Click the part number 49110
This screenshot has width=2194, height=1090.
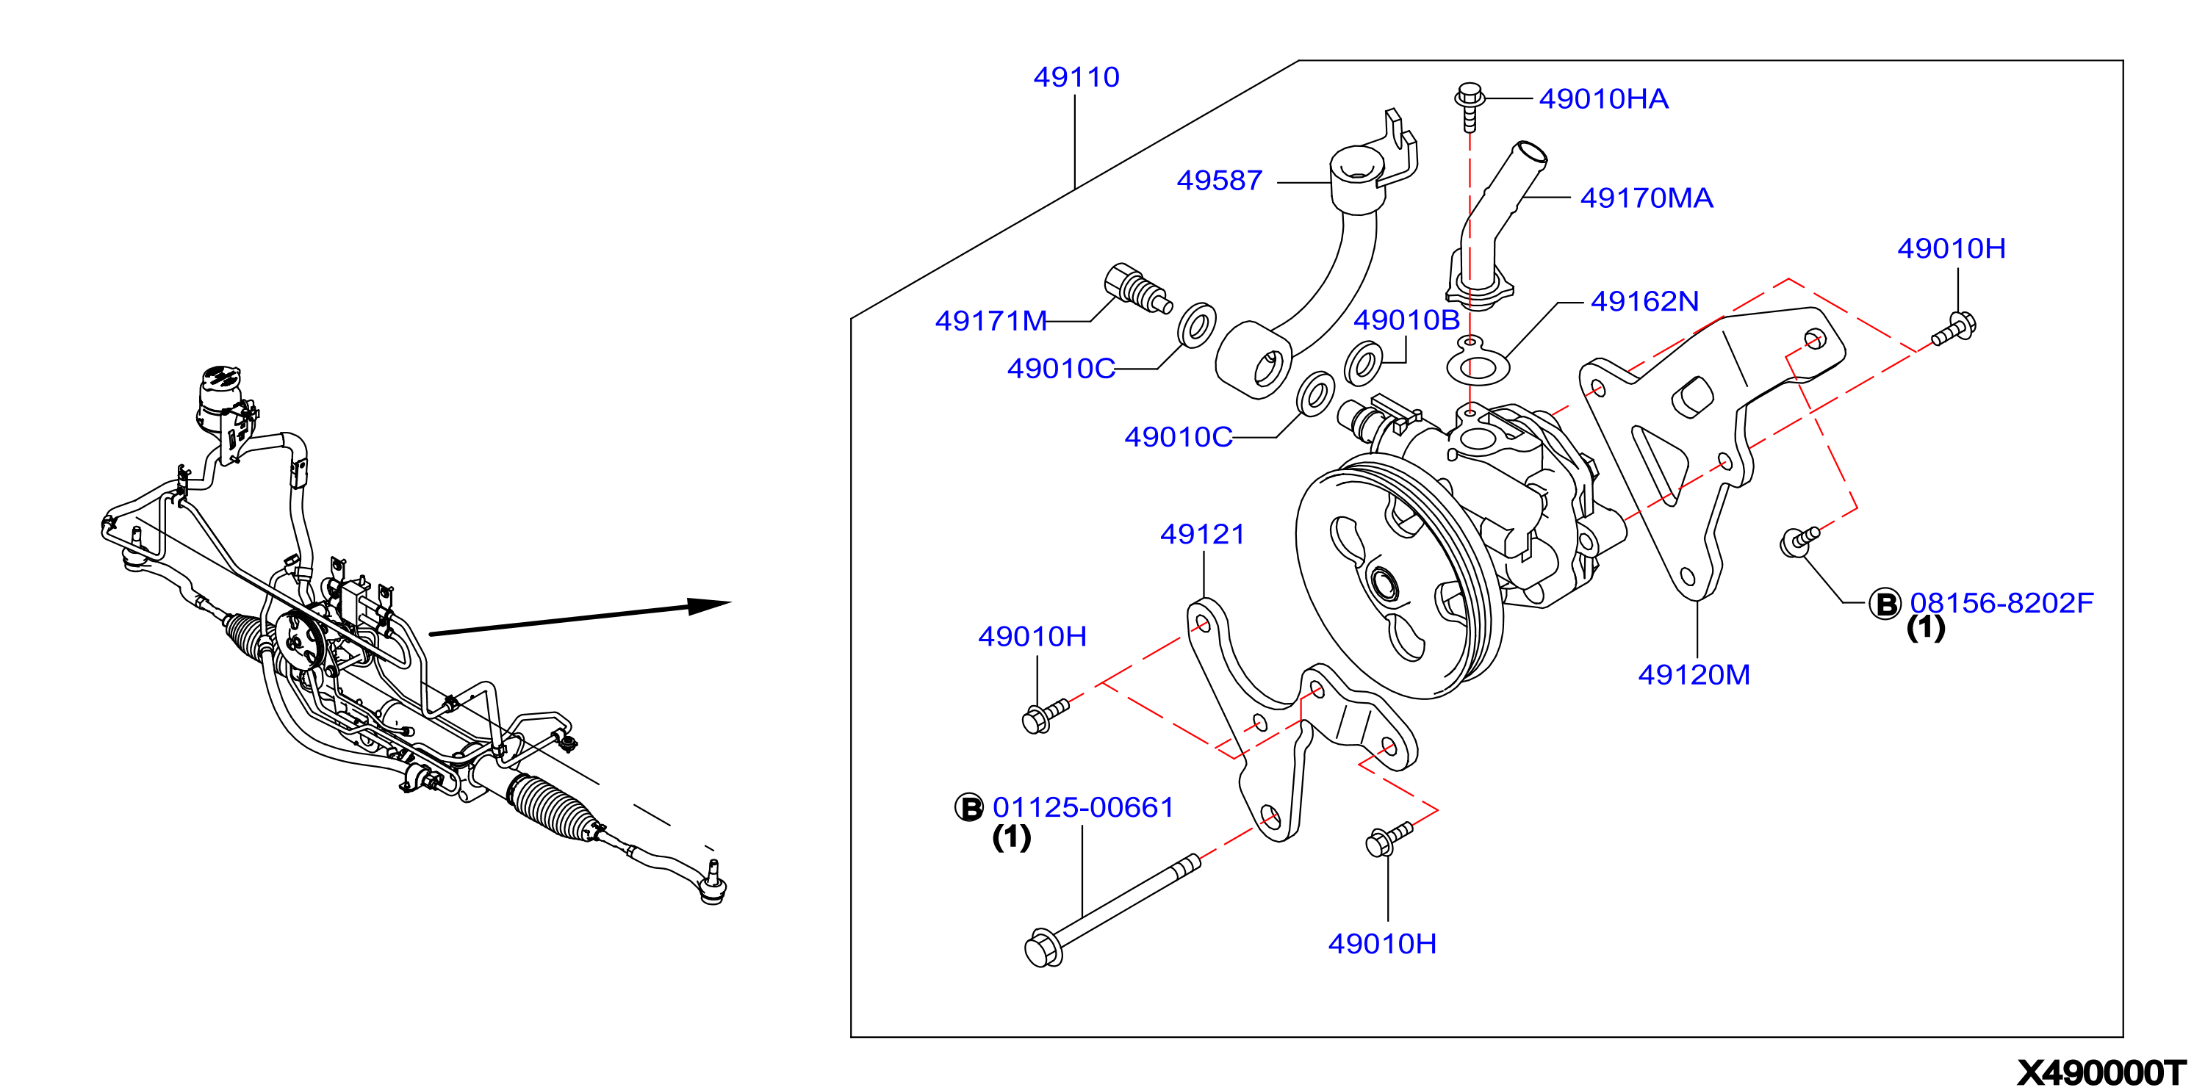click(x=1076, y=78)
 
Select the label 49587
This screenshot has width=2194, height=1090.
click(x=1219, y=181)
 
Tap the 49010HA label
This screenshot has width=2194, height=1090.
click(x=1603, y=98)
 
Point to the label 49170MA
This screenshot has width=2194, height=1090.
click(x=1647, y=198)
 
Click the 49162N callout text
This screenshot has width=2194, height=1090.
click(x=1644, y=300)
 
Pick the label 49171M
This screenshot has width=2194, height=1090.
click(x=990, y=320)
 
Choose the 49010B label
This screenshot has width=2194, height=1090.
click(x=1406, y=320)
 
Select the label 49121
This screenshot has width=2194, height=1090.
click(x=1202, y=534)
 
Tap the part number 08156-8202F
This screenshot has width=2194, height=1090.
click(x=2001, y=603)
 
